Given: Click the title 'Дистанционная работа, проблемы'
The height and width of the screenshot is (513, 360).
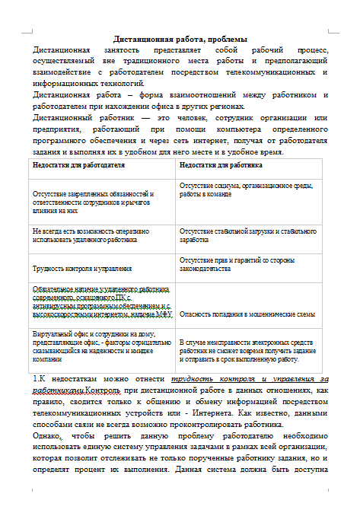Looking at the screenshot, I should point(180,39).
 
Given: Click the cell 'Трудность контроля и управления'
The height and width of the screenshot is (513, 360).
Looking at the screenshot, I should point(82,268).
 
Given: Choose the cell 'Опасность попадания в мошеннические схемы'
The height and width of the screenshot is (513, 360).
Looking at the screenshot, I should point(247,314).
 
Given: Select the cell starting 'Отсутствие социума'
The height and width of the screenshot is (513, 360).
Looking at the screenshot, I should point(246,190).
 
